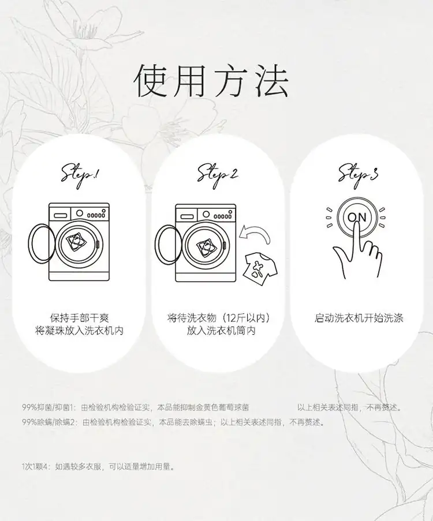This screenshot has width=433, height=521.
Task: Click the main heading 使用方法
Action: coord(211,80)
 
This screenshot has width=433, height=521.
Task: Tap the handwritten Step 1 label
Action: coord(80,175)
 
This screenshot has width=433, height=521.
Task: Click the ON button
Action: coord(357,218)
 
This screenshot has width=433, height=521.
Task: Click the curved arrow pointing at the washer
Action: coord(256,232)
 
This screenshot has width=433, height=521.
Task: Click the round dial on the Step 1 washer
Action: coord(80,213)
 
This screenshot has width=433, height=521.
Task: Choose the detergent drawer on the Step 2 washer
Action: coord(186,217)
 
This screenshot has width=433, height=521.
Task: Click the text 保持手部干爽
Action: coord(80,318)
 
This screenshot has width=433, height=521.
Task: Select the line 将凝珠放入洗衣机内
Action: coord(80,331)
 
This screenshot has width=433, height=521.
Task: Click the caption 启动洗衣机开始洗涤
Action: coord(359,318)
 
